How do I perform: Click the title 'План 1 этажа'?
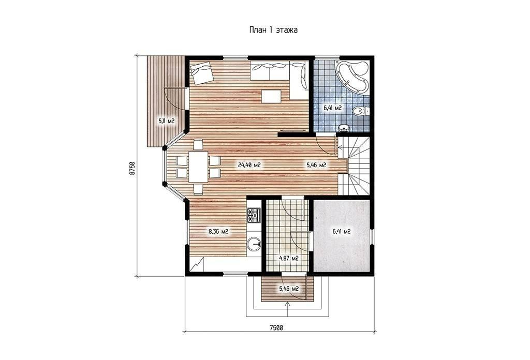273,29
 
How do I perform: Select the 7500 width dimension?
276,327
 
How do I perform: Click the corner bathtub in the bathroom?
351,77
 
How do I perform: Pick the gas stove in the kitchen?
254,216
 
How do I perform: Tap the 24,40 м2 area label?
249,165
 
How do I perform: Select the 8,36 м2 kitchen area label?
218,232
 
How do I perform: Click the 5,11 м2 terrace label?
166,121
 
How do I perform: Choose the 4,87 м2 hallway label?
288,259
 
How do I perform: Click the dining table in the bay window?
198,167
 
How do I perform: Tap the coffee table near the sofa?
271,96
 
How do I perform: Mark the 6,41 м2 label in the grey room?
341,232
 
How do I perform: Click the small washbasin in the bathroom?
344,128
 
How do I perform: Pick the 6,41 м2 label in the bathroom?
332,108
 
